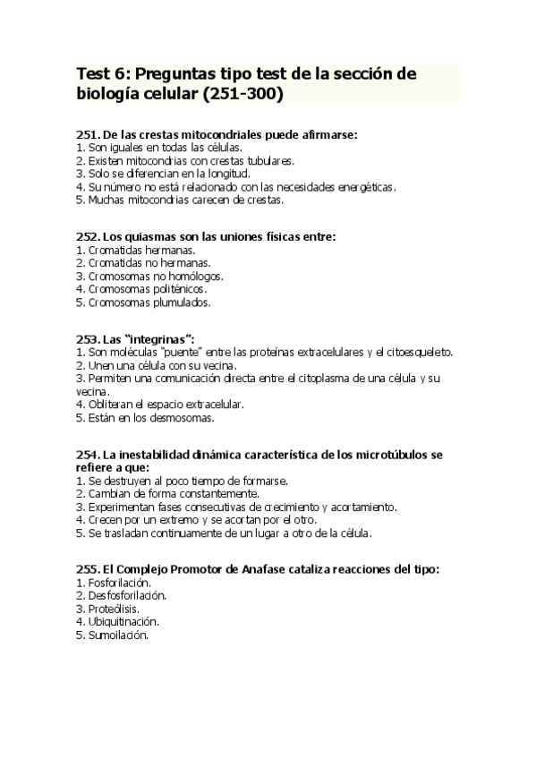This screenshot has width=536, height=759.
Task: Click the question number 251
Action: click(x=88, y=134)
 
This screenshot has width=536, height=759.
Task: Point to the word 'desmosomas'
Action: click(x=186, y=417)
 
